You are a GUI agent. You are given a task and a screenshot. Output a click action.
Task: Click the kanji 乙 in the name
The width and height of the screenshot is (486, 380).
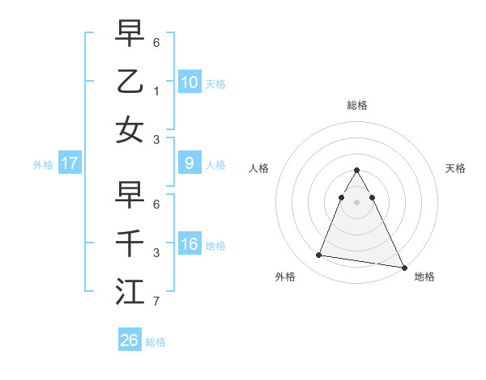tap(130, 80)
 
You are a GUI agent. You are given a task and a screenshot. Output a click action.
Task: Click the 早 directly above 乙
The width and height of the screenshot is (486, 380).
tap(130, 33)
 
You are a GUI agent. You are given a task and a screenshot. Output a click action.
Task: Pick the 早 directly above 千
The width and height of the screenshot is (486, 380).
tap(130, 196)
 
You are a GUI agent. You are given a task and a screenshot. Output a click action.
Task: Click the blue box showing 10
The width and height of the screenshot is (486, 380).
tap(189, 82)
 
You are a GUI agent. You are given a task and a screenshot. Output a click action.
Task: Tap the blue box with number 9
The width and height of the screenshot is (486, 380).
tap(189, 163)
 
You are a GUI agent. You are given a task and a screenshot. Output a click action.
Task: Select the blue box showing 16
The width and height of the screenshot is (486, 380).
tap(189, 245)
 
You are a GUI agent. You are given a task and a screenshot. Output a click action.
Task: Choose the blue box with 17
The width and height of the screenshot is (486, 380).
tap(69, 163)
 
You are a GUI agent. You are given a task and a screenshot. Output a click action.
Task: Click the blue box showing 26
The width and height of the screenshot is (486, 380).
tap(129, 340)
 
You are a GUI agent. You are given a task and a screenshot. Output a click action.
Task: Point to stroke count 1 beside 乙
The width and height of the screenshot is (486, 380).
tap(156, 90)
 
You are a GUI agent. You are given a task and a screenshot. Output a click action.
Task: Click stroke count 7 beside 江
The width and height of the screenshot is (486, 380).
tap(156, 302)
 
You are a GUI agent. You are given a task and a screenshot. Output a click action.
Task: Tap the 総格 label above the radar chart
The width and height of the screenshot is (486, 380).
tap(357, 105)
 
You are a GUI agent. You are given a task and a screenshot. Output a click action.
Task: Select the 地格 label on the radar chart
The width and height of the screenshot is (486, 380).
tap(424, 277)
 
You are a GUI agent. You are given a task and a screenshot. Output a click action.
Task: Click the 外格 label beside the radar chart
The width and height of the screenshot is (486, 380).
tap(285, 277)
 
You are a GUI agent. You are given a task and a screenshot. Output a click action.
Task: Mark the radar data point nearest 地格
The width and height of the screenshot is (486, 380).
tap(403, 266)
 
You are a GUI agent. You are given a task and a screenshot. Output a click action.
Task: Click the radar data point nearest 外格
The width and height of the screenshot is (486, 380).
tap(319, 255)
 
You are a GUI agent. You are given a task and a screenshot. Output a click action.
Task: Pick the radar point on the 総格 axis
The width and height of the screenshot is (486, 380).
tap(357, 170)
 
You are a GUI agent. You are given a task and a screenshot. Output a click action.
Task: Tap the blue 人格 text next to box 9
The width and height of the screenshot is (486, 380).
tap(215, 165)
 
